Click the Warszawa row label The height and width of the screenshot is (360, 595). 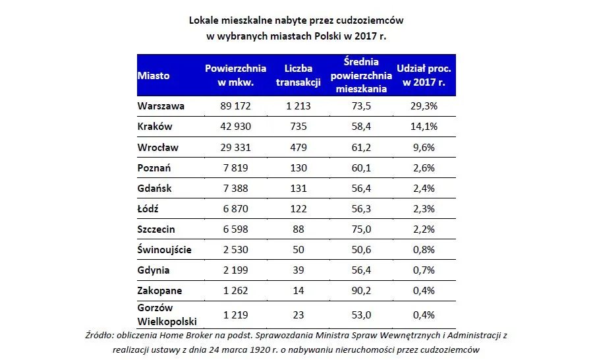pos(161,105)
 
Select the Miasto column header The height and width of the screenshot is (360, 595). pos(154,75)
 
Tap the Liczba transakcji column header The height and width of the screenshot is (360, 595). pos(298,75)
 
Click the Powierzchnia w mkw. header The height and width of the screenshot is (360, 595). pos(235,75)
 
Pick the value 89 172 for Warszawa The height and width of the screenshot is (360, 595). pos(235,105)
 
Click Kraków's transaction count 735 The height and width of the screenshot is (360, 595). pos(298,126)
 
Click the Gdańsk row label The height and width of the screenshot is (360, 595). pos(155,188)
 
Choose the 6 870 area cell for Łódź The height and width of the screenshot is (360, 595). pos(235,208)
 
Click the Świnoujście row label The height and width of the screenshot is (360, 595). pos(165,250)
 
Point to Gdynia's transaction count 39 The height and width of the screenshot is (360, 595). pos(298,270)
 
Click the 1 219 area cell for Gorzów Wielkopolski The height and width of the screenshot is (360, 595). pos(235,315)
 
